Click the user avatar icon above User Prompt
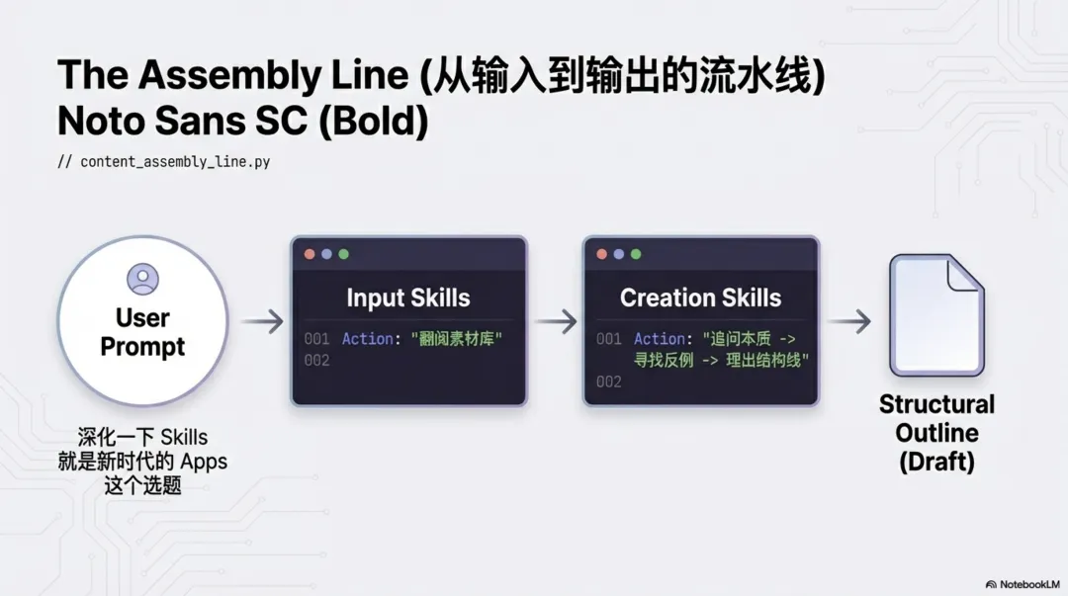coord(142,280)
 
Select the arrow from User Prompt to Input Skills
coord(261,321)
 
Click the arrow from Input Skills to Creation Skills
coord(555,321)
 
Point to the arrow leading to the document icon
coord(848,321)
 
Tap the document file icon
coord(935,315)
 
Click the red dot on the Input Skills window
coord(310,254)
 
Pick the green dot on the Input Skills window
coord(343,254)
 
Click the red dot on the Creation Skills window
coord(601,254)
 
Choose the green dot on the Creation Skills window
coord(635,254)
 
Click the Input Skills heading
coord(407,298)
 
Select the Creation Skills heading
coord(700,298)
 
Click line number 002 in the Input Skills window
coord(316,360)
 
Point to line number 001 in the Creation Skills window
coord(608,339)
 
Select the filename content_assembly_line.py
coord(174,161)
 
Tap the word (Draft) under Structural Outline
coord(936,462)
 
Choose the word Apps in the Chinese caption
coord(203,462)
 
